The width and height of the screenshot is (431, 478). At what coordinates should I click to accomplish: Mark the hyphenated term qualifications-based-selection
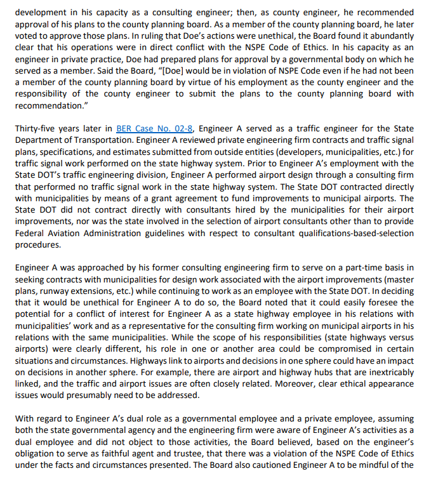tap(348, 233)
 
